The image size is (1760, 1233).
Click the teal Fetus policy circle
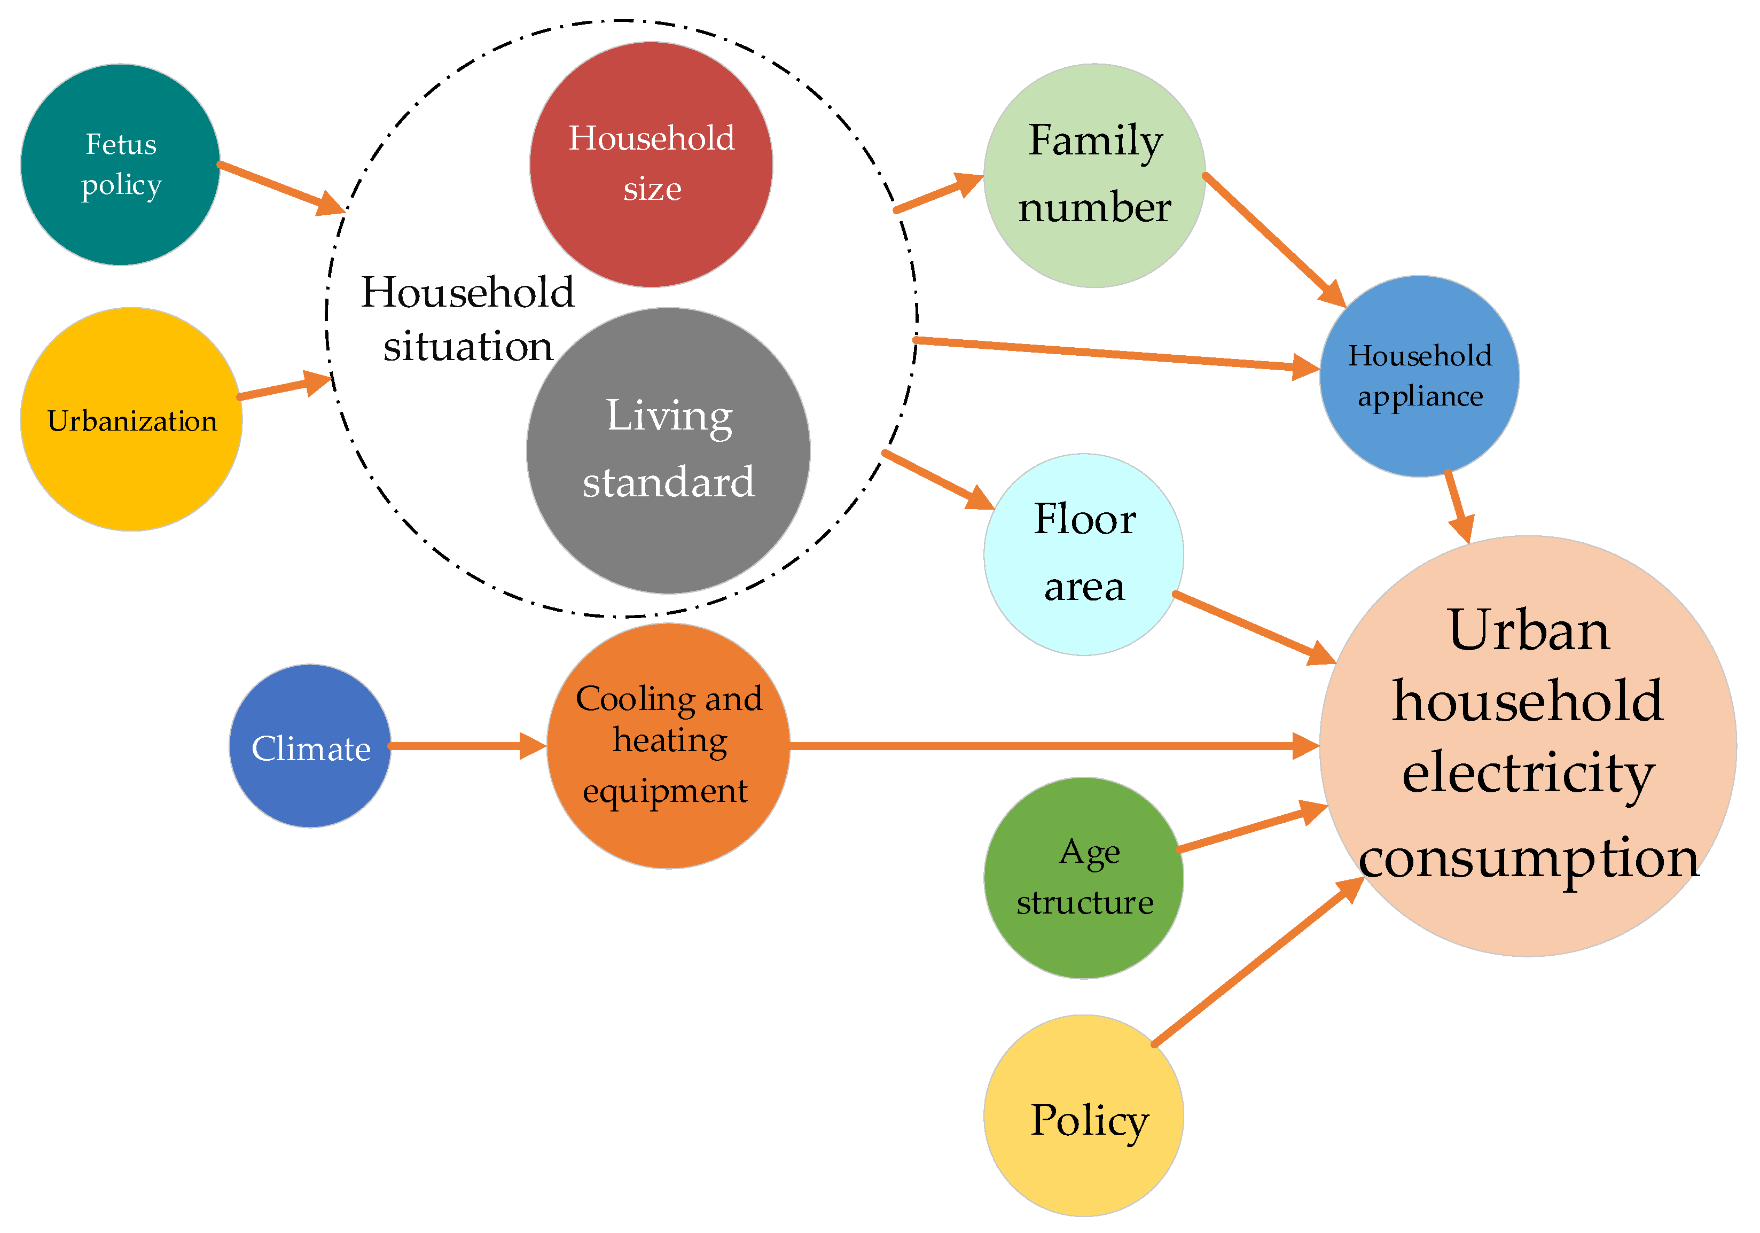point(120,165)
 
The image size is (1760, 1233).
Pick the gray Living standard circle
point(668,451)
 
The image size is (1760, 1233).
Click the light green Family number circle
point(1094,176)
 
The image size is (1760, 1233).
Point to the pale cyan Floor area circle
point(1083,555)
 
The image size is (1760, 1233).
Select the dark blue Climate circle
point(310,746)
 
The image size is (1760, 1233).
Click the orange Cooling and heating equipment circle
point(668,746)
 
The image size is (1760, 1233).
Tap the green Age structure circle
point(1083,878)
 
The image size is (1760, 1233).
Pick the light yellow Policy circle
point(1083,1115)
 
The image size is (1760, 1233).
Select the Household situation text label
point(467,319)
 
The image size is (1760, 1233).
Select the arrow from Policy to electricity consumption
point(1257,962)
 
